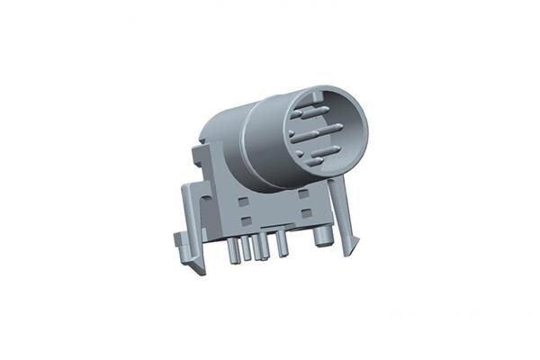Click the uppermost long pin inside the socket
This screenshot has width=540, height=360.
pyautogui.click(x=311, y=112)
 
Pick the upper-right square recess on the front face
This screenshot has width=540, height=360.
pyautogui.click(x=303, y=193)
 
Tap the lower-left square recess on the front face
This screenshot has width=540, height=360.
pyautogui.click(x=245, y=220)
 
